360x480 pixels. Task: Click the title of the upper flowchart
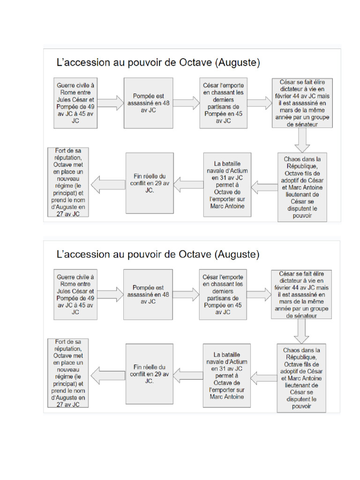(x=157, y=62)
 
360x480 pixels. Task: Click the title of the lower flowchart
(x=157, y=254)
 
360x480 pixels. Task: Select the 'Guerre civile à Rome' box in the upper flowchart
(x=75, y=103)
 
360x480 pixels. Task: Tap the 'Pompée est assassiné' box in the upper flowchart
(x=148, y=103)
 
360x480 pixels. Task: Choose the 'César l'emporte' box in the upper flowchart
(x=224, y=103)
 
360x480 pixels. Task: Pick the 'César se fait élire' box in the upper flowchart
(x=302, y=103)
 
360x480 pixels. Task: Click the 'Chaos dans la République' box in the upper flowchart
(x=302, y=187)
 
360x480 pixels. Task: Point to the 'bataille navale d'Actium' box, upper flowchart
(x=227, y=184)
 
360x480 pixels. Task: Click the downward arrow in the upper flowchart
(x=302, y=139)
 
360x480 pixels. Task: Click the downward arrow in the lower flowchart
(x=300, y=331)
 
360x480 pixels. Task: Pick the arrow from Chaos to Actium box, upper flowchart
(x=263, y=187)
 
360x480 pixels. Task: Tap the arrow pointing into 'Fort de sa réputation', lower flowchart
(x=107, y=374)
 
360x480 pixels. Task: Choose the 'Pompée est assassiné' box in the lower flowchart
(x=149, y=294)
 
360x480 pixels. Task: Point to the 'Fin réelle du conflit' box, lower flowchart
(x=150, y=374)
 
